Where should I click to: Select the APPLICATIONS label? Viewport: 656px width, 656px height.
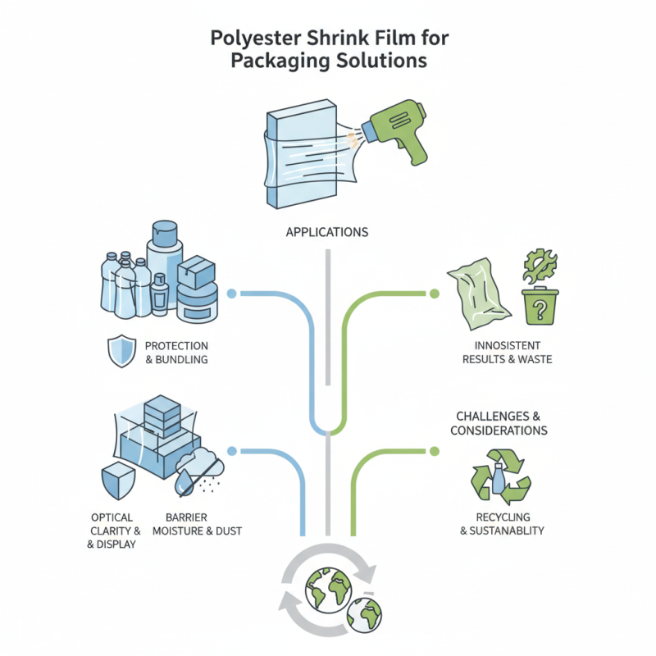[x=327, y=232]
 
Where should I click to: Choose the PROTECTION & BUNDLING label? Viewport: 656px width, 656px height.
[x=176, y=353]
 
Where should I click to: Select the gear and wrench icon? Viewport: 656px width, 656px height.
[x=540, y=266]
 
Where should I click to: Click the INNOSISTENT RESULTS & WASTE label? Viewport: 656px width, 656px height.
[x=507, y=353]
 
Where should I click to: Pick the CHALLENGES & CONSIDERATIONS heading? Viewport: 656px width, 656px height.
[x=499, y=423]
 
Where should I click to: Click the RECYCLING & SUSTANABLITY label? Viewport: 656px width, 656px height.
[x=502, y=524]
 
